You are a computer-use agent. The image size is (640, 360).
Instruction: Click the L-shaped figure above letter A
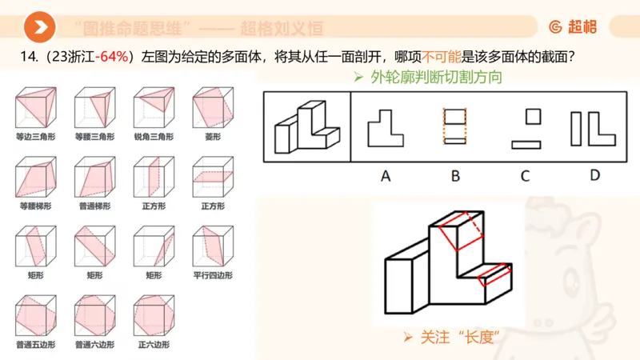pos(385,127)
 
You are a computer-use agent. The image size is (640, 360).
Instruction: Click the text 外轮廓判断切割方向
pos(428,78)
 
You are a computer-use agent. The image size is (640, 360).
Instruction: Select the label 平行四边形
pos(212,275)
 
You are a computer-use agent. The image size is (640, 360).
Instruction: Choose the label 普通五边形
pos(34,345)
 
